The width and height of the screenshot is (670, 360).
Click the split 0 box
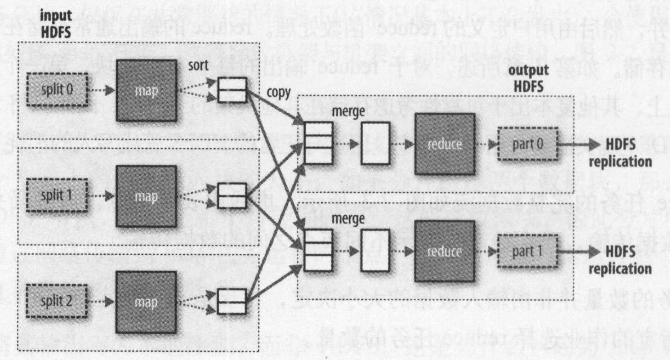[x=57, y=89]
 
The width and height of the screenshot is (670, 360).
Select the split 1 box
[x=57, y=195]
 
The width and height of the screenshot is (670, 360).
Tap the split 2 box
[x=57, y=301]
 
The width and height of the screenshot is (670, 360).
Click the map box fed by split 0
[x=146, y=91]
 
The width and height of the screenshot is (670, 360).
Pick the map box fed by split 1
[x=146, y=197]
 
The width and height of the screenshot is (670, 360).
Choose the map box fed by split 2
[x=146, y=302]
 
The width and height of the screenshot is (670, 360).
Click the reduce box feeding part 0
[x=445, y=144]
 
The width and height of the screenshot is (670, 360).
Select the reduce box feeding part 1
[x=445, y=251]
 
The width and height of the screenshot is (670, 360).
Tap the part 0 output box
[x=528, y=144]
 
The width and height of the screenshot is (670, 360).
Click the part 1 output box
[x=528, y=251]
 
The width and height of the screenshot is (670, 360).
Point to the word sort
[x=198, y=65]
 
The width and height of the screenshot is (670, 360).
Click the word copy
[x=278, y=93]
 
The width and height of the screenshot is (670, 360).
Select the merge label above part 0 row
[x=348, y=112]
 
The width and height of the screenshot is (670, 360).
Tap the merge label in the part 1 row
[x=348, y=218]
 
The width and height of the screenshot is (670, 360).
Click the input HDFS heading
[x=56, y=24]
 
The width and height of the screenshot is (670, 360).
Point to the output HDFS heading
[x=528, y=78]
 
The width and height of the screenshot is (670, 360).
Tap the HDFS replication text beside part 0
[x=620, y=153]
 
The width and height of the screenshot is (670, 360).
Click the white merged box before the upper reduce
[x=375, y=143]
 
